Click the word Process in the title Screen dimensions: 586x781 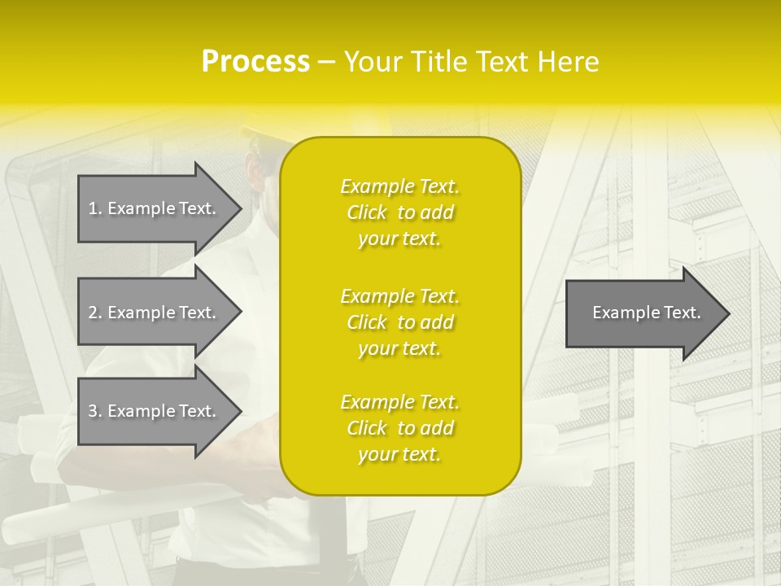pos(255,62)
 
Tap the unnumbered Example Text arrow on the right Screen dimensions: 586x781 pos(643,313)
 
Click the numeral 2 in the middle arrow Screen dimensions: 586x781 pos(93,313)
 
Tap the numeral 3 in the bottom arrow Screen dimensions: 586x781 pos(93,411)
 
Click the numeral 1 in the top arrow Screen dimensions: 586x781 pos(93,208)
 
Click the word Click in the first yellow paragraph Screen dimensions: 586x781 pos(367,212)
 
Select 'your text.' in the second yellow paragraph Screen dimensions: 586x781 pos(399,348)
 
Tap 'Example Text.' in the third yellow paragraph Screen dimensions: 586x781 pos(399,402)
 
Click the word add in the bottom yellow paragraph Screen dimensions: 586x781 pos(437,428)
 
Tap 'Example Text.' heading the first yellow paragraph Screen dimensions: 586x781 pos(399,186)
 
